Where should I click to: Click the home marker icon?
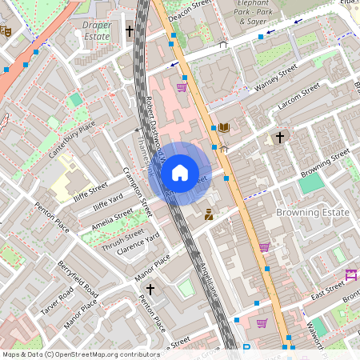tap(180, 172)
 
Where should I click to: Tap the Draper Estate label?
tap(97, 30)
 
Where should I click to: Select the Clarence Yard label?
tap(138, 243)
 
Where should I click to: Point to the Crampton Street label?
tap(137, 192)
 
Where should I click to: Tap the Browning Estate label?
tap(312, 212)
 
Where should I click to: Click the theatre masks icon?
tap(6, 32)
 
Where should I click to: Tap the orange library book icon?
tap(224, 128)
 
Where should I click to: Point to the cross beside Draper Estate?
tap(130, 31)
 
